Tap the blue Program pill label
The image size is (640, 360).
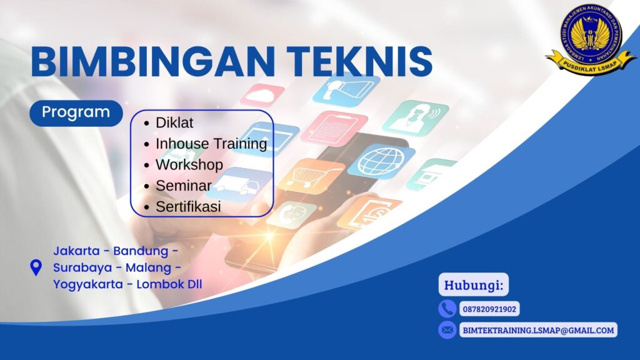(76, 112)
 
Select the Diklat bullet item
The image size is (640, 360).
(174, 122)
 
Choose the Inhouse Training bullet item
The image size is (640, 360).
(211, 144)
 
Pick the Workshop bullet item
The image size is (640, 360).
(189, 164)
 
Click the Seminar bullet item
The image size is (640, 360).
(182, 186)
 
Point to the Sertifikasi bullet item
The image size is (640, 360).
(188, 206)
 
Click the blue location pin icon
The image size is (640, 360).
(36, 267)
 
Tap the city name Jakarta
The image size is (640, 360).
(76, 251)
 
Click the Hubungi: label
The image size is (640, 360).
(473, 286)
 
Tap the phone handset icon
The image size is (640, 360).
(447, 309)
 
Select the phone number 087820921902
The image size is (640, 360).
(489, 309)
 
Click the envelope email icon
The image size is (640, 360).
(447, 329)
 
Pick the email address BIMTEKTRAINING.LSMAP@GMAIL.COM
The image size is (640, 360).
(538, 329)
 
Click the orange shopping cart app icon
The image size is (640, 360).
(311, 177)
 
